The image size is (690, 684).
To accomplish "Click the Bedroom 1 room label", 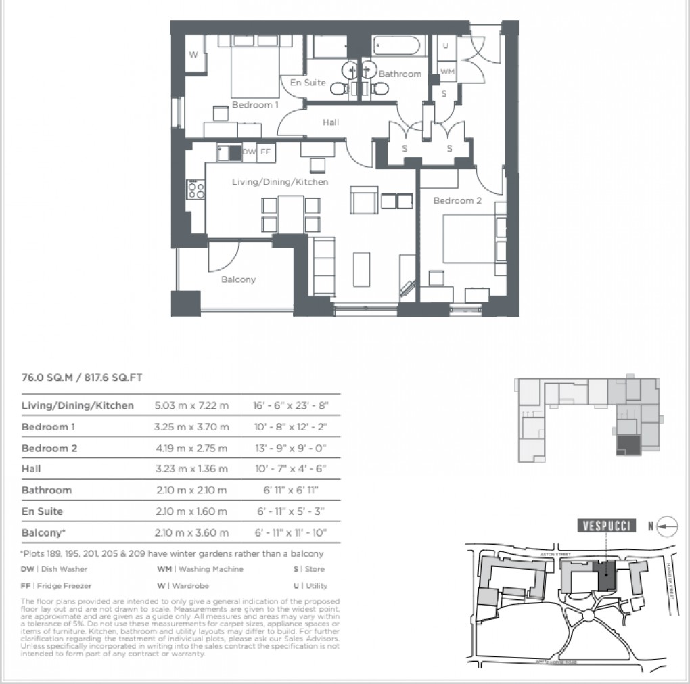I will tap(255, 105).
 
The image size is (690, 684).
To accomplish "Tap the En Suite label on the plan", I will tap(308, 83).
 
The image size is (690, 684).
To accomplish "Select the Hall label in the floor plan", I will tap(331, 122).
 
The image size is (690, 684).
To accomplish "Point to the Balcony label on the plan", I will tap(239, 279).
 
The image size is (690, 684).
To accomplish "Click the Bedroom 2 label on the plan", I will tap(458, 200).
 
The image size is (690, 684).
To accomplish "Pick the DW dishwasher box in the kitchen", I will tap(248, 152).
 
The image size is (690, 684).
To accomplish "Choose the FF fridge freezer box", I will tap(264, 152).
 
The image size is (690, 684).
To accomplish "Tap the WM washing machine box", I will tap(447, 71).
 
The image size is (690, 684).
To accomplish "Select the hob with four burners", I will tap(196, 189).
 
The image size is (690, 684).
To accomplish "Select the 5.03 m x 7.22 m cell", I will tap(192, 405).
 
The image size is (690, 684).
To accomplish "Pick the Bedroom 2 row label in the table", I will tap(49, 448).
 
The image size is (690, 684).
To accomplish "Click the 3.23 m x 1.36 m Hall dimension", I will tap(192, 469).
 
